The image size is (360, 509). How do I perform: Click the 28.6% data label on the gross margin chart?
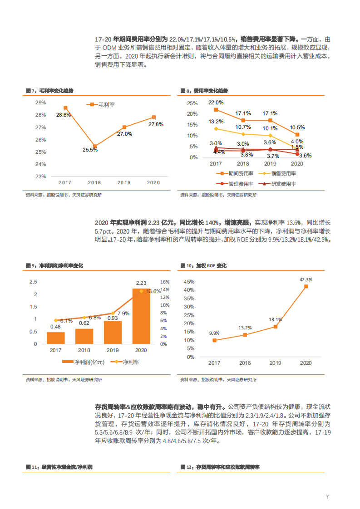coord(64,115)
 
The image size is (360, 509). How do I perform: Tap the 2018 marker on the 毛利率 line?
coord(94,146)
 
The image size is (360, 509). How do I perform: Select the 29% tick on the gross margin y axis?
coord(40,103)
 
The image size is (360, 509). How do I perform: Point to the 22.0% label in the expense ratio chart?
coord(216,103)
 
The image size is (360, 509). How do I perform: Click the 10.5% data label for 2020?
coord(297,127)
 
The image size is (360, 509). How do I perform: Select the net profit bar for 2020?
coord(141,316)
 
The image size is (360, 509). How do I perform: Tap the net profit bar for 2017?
coord(56,338)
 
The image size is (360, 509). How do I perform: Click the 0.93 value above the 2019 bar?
coord(112,318)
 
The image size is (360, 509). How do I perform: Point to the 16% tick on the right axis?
coord(165,282)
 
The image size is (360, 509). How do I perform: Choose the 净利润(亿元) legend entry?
coord(89,362)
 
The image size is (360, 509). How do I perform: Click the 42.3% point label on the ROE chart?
coord(306,279)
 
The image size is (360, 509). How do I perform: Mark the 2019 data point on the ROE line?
coord(275,327)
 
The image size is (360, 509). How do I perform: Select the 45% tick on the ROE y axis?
coord(189,282)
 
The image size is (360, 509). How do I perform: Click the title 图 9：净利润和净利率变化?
coord(54,265)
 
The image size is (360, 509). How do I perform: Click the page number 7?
coord(327,497)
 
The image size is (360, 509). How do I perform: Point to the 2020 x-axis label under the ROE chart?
coord(306,363)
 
